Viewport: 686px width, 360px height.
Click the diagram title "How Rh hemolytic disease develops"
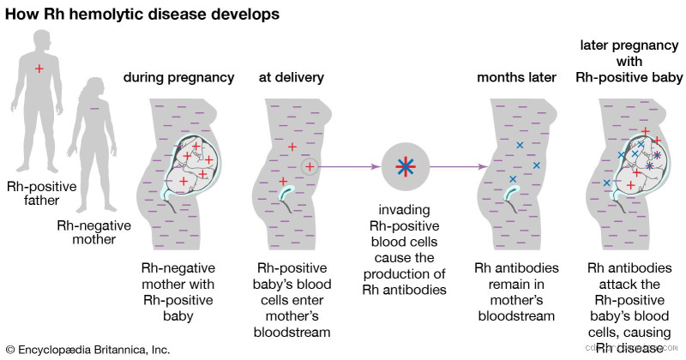point(141,15)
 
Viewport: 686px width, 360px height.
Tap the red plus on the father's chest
point(39,68)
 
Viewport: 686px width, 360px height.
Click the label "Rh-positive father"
point(41,194)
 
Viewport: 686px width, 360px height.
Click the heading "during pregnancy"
point(178,78)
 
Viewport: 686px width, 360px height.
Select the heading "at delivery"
point(291,78)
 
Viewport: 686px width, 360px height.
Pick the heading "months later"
point(514,78)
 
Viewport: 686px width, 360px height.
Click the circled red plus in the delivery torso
point(310,167)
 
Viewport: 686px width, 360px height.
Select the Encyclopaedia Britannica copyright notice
point(87,350)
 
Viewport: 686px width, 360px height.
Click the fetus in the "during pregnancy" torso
point(193,163)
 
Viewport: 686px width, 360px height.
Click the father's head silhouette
point(39,17)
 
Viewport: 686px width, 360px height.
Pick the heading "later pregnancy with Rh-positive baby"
point(631,61)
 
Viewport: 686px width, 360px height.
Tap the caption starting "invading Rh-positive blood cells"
point(404,249)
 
